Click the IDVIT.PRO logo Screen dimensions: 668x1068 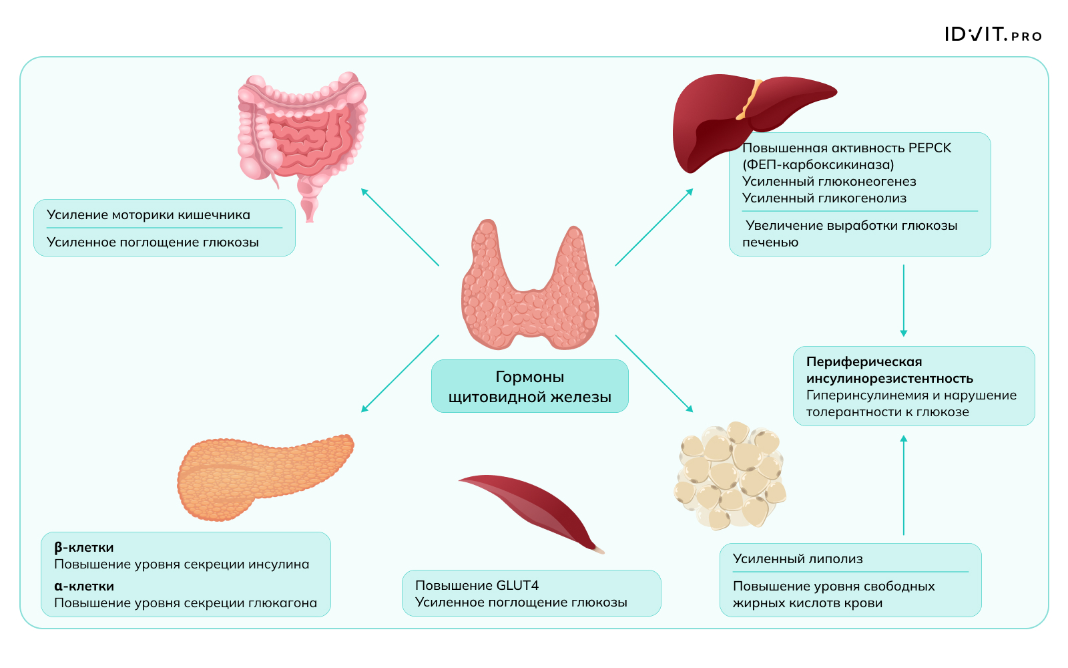point(993,35)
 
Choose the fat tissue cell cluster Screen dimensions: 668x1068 point(730,474)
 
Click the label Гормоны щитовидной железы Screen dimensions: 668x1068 point(529,387)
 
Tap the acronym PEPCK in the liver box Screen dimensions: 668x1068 point(929,148)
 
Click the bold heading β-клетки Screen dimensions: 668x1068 point(83,548)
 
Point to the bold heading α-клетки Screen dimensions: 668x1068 point(83,587)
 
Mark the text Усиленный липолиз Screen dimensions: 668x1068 point(797,559)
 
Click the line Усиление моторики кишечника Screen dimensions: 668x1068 point(148,215)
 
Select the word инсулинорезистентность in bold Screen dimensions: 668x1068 point(889,379)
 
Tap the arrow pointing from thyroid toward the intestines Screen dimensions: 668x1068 point(399,226)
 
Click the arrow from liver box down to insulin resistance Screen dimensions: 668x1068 point(903,300)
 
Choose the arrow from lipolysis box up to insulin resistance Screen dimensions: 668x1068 point(903,485)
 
